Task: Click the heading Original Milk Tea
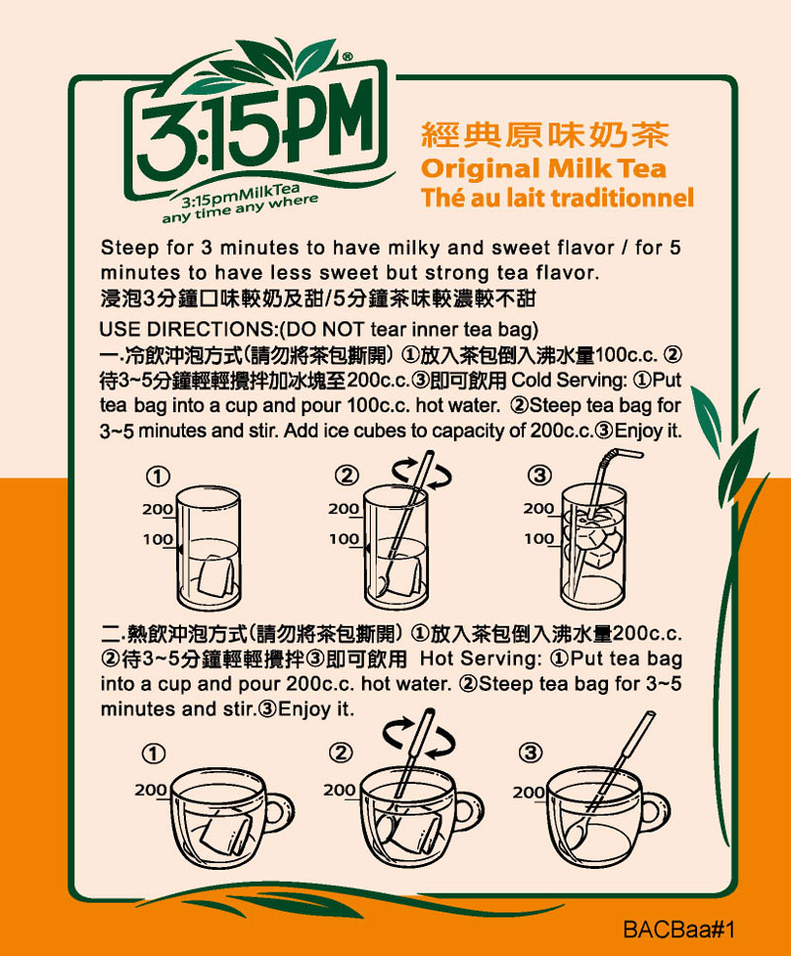[x=544, y=169]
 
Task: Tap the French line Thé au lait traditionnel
[x=557, y=198]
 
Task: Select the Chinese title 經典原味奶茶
[x=545, y=134]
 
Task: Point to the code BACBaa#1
[x=678, y=929]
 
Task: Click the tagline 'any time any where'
[x=239, y=209]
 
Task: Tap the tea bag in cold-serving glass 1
[x=216, y=575]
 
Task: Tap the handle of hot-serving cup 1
[x=280, y=813]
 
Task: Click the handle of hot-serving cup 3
[x=655, y=813]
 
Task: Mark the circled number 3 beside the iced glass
[x=539, y=475]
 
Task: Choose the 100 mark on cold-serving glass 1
[x=157, y=539]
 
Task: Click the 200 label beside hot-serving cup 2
[x=340, y=790]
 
